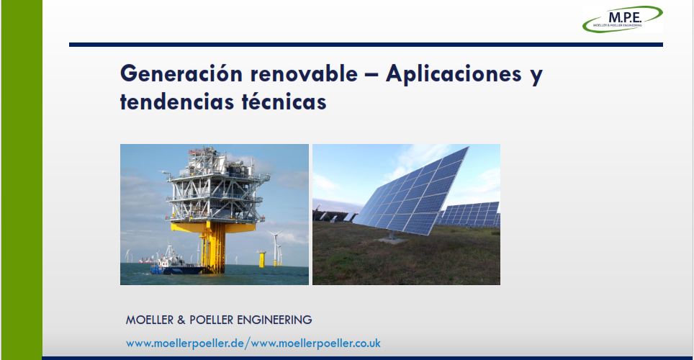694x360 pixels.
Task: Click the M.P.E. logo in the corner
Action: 622,19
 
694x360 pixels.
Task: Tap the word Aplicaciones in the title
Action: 454,74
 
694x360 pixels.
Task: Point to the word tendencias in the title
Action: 178,102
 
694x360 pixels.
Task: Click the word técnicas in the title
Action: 284,102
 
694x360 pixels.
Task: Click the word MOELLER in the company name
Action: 150,320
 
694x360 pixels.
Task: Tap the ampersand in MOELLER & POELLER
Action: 181,320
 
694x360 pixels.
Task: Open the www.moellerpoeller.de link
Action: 185,343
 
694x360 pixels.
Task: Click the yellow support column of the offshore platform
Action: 213,247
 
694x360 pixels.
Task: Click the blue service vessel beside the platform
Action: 175,264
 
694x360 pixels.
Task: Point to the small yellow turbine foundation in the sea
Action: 261,259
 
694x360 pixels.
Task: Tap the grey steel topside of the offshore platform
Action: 217,185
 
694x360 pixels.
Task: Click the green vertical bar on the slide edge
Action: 22,180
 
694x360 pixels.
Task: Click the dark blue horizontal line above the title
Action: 366,45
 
